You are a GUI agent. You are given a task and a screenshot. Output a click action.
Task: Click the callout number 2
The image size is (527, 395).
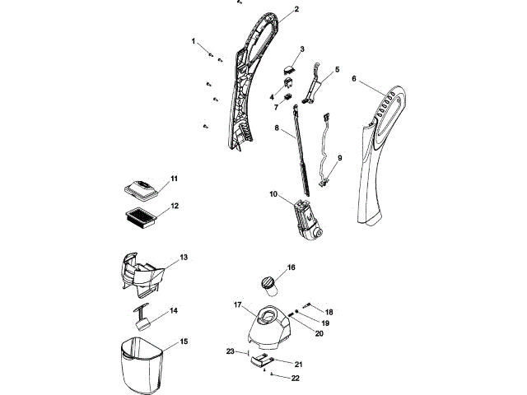pos(296,9)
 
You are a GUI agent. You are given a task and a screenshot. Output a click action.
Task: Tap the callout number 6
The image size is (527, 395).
pos(354,80)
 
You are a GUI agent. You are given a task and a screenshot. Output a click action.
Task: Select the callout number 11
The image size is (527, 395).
pos(174,178)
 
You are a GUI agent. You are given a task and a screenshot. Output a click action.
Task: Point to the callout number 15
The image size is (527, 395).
pos(184,341)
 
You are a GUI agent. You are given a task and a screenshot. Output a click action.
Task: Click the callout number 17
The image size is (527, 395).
pos(237,305)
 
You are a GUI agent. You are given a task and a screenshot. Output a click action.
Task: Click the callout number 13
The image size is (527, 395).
pos(184,257)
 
